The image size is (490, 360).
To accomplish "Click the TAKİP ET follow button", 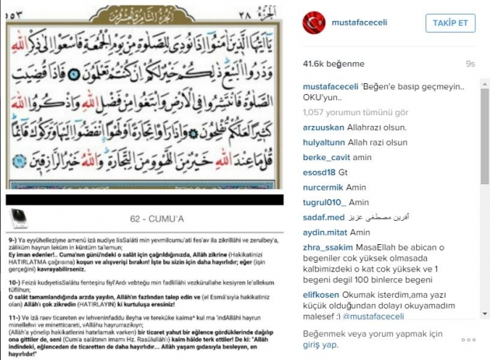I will click(451, 24).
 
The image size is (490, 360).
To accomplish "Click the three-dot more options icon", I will click(468, 340).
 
